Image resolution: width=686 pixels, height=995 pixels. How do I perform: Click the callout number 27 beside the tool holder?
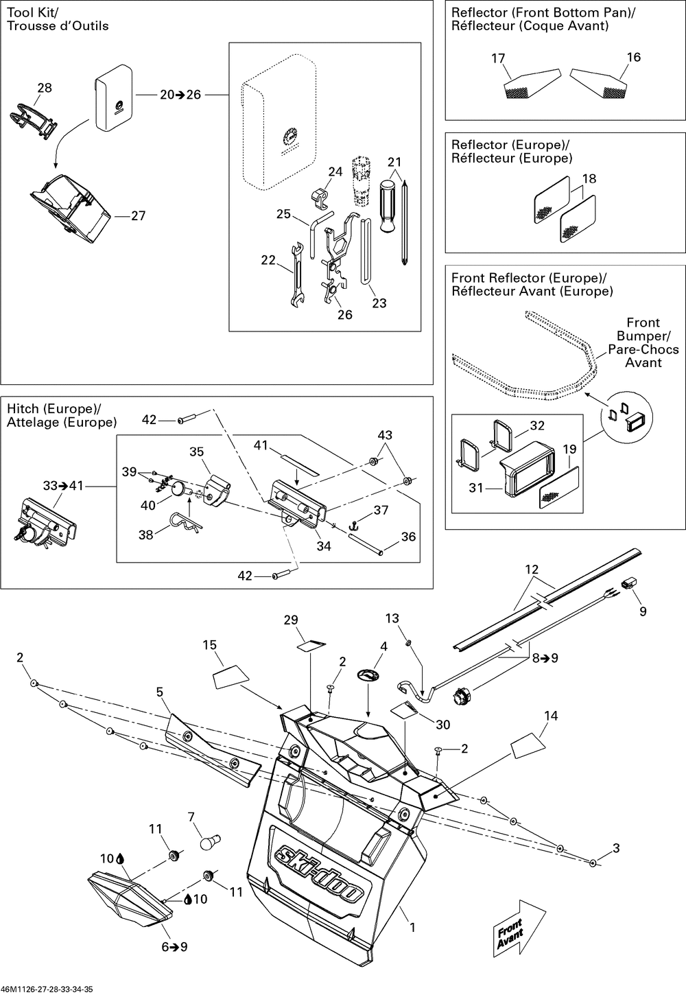(138, 215)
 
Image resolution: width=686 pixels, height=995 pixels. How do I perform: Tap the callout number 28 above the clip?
(45, 88)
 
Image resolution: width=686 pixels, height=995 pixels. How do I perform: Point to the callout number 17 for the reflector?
(498, 58)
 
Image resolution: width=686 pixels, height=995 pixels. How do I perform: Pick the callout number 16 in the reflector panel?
(634, 57)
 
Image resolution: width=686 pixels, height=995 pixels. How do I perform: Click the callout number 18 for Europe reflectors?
(589, 178)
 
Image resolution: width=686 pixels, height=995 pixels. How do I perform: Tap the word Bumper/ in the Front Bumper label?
(644, 336)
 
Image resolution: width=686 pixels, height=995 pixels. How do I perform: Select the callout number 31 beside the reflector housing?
(476, 488)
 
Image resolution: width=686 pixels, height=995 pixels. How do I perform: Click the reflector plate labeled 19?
(559, 487)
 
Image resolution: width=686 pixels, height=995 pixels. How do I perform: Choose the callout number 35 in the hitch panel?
(196, 452)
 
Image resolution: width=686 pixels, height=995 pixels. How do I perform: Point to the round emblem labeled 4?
(368, 675)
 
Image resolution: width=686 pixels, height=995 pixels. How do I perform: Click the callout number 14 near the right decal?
(551, 716)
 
